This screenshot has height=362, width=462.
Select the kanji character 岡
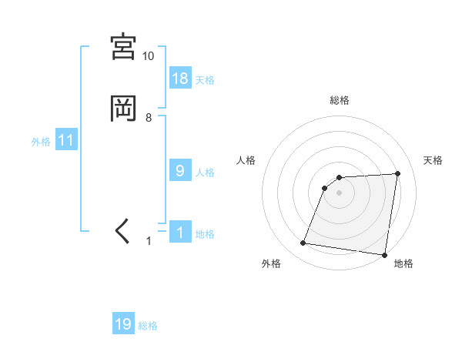pyautogui.click(x=124, y=108)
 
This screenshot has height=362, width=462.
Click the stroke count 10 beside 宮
pyautogui.click(x=148, y=56)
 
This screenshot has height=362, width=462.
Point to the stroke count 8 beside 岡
pyautogui.click(x=149, y=117)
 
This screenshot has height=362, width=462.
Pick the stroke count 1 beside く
pyautogui.click(x=149, y=241)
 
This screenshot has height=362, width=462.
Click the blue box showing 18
pyautogui.click(x=180, y=78)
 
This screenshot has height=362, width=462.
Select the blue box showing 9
pyautogui.click(x=180, y=171)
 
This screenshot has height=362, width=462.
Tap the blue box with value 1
pyautogui.click(x=180, y=232)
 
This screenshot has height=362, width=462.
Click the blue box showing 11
pyautogui.click(x=66, y=141)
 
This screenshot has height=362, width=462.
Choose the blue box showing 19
pyautogui.click(x=123, y=324)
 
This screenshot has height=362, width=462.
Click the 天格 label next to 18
pyautogui.click(x=205, y=80)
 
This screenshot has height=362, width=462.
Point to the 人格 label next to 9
pyautogui.click(x=205, y=173)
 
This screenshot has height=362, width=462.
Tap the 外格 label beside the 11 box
pyautogui.click(x=41, y=142)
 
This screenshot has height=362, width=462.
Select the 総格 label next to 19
pyautogui.click(x=148, y=326)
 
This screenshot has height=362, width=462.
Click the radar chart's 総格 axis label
pyautogui.click(x=339, y=100)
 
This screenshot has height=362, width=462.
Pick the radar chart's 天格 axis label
pyautogui.click(x=433, y=160)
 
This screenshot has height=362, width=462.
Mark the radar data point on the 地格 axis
pyautogui.click(x=384, y=255)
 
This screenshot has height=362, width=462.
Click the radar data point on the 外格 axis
pyautogui.click(x=303, y=243)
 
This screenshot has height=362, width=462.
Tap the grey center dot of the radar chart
pyautogui.click(x=339, y=193)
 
